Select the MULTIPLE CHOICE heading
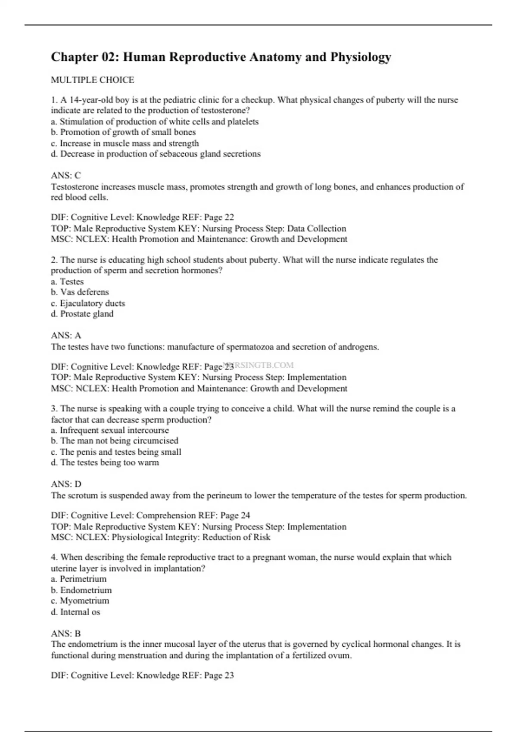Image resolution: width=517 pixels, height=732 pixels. pos(93,80)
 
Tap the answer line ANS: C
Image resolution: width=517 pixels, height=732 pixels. pos(66,175)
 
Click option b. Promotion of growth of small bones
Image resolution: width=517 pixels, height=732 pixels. pos(123,132)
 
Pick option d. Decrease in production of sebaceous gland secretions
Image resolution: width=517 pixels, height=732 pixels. pos(156,154)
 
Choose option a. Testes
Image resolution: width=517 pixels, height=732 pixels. pos(67,282)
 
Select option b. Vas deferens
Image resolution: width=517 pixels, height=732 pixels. pos(80,292)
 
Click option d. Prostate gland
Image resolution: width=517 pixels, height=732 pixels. pos(82,314)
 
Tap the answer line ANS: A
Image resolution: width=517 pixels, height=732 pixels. pos(66,335)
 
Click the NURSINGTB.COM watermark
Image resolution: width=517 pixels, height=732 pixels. pos(263,365)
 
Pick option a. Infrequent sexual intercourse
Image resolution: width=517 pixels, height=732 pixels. pos(110,430)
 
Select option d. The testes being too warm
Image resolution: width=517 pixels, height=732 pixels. pos(105,462)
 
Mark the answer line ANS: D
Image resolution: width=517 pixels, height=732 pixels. pos(66,484)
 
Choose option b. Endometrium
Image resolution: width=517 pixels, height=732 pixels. pos(81,590)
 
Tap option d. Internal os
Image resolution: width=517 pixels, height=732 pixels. pos(75,612)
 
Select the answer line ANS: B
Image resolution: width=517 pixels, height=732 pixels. pos(66,633)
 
